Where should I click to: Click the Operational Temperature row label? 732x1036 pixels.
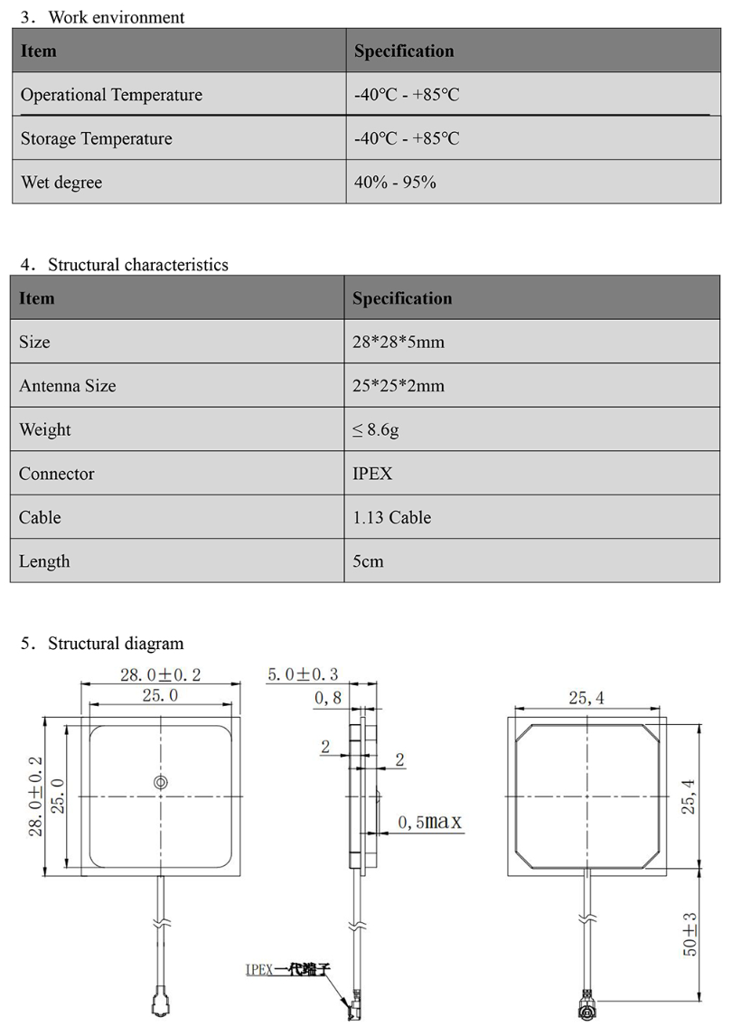(x=111, y=95)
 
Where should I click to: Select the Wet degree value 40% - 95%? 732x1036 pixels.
(x=396, y=183)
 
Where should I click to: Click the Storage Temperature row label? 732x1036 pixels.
(x=96, y=139)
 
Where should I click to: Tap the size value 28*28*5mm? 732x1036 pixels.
(x=399, y=343)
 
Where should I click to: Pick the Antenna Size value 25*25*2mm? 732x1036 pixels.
(x=399, y=386)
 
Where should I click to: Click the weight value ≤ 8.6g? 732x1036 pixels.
(x=376, y=430)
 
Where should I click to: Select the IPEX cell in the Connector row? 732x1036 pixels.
(x=372, y=474)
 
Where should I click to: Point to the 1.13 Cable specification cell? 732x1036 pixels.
(x=391, y=518)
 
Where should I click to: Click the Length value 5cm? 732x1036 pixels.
(x=368, y=561)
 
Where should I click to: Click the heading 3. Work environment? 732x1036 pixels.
(x=102, y=17)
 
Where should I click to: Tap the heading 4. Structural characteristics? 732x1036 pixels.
(x=124, y=265)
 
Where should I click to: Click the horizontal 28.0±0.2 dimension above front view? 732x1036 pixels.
(x=161, y=674)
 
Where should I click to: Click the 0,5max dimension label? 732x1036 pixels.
(x=429, y=822)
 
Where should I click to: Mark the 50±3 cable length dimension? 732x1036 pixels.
(x=690, y=935)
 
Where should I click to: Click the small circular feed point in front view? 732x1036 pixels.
(x=160, y=782)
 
